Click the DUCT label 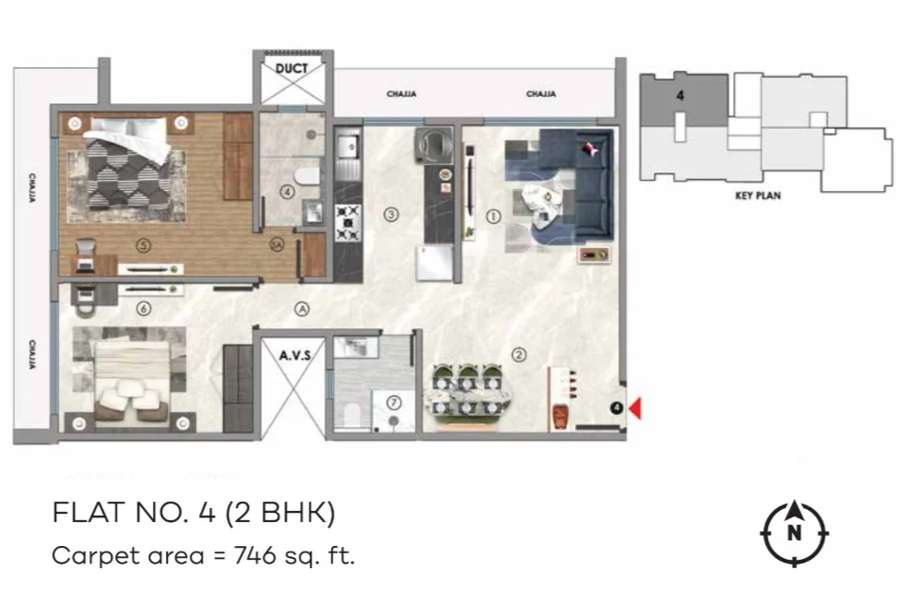(x=291, y=69)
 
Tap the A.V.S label (x=295, y=356)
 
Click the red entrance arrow (x=635, y=409)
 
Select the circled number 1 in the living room (x=493, y=217)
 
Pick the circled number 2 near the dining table (x=518, y=355)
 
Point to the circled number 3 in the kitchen (x=391, y=215)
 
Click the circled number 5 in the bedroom (x=143, y=245)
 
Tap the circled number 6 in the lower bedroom (x=143, y=309)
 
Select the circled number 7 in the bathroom (x=394, y=403)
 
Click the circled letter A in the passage (x=301, y=309)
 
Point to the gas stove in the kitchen (x=349, y=223)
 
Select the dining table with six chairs (x=467, y=396)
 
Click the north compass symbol (x=794, y=533)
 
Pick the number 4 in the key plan (x=679, y=96)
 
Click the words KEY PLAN (x=758, y=196)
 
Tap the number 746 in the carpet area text (x=255, y=555)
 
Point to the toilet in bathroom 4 (x=308, y=175)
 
